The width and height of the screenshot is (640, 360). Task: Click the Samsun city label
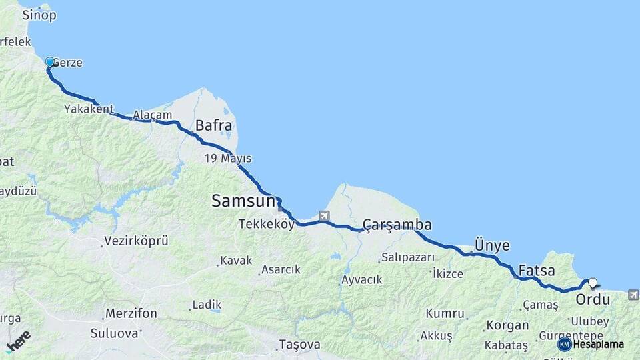point(243,200)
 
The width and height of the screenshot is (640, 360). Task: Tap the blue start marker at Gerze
point(49,63)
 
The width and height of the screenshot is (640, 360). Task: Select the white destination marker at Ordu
point(593,283)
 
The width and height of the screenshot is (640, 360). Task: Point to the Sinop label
point(39,15)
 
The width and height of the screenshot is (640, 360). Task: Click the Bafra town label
point(213,125)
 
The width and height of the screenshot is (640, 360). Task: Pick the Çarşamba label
point(397,225)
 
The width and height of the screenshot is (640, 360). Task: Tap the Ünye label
point(491,245)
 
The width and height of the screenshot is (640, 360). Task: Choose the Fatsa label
point(537,271)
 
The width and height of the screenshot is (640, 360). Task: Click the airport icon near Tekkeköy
point(324,216)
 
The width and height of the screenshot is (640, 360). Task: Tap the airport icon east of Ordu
point(633,294)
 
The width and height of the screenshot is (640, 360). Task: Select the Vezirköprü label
point(136,241)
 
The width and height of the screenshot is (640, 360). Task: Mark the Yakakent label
point(89,109)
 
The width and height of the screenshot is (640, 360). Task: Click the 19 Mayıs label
point(228,159)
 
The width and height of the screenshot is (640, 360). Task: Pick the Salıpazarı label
point(408,257)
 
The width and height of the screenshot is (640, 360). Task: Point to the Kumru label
point(445,313)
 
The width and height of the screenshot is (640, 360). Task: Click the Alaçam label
point(148,115)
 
